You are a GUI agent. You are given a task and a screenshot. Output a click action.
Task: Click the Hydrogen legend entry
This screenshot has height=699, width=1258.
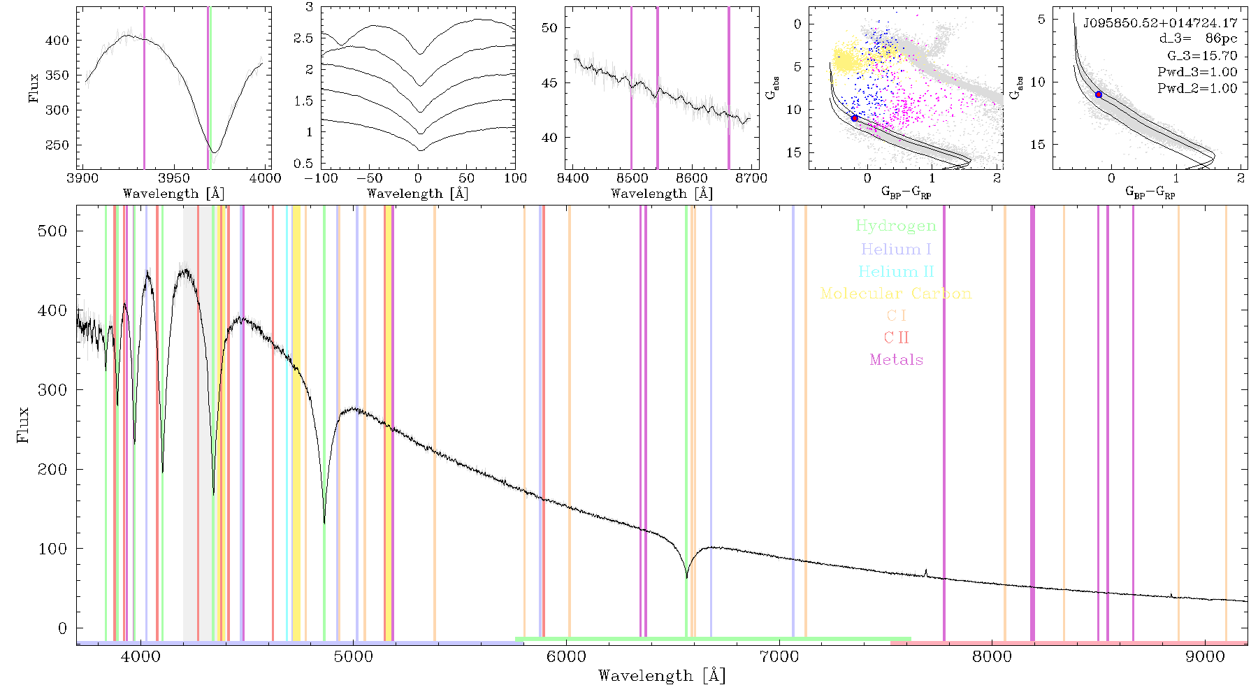tap(895, 226)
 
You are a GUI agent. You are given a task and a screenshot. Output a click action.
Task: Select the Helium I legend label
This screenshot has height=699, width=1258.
tap(896, 249)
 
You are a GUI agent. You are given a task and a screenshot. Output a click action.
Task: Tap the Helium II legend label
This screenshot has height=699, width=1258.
tap(896, 271)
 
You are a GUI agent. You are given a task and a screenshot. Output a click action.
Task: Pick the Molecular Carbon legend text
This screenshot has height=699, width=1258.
tap(896, 294)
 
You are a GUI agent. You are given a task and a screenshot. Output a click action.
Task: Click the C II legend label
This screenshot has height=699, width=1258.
tap(896, 338)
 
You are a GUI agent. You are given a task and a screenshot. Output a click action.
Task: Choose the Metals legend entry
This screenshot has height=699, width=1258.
tap(896, 360)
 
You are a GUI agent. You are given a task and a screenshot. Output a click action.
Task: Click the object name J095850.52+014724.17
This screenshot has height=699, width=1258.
tap(1160, 23)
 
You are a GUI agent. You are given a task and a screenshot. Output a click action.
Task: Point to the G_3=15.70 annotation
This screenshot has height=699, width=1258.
tap(1202, 56)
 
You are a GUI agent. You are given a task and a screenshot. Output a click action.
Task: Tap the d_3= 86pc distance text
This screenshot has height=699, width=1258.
tap(1198, 39)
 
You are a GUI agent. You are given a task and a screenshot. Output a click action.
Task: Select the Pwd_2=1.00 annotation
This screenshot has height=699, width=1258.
tap(1197, 89)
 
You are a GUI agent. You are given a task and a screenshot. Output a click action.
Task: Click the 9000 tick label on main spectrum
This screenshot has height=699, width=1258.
tap(1205, 656)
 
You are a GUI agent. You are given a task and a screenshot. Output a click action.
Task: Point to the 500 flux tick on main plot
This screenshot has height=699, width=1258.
tap(52, 231)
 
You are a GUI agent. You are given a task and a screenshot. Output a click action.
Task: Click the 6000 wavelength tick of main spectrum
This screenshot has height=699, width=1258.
tap(566, 656)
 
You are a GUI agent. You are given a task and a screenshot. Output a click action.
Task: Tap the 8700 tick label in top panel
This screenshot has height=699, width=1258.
tap(751, 178)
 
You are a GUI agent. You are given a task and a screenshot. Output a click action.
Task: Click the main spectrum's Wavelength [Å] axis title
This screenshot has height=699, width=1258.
tap(662, 676)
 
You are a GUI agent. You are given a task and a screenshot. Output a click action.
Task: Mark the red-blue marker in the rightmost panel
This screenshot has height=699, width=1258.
tap(1099, 94)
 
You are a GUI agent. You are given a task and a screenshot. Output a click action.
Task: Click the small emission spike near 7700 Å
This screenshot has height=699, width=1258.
tap(926, 572)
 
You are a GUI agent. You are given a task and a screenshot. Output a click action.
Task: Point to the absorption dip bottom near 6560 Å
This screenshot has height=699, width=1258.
tap(686, 577)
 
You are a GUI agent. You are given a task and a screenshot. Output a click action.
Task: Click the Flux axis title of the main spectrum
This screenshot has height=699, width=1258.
tap(23, 424)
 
